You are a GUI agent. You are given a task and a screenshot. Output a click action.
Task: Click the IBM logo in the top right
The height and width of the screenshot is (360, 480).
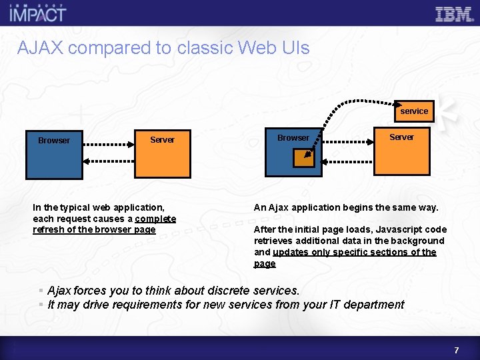click(x=453, y=14)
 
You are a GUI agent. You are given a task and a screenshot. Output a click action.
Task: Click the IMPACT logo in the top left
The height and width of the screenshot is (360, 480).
click(x=38, y=13)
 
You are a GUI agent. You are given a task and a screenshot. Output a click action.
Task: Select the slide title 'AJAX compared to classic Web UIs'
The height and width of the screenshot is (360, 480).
click(x=163, y=48)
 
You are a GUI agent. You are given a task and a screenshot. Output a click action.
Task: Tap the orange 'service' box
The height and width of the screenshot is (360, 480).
click(x=414, y=111)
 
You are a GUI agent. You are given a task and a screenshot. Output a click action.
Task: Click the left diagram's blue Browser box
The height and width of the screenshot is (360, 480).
click(x=54, y=155)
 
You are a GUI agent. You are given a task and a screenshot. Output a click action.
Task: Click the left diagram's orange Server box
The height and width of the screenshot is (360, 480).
click(x=162, y=154)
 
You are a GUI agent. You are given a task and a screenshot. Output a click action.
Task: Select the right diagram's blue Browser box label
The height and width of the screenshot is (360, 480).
click(x=293, y=138)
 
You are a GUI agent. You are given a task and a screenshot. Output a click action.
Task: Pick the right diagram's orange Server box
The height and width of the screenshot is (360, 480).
click(x=401, y=151)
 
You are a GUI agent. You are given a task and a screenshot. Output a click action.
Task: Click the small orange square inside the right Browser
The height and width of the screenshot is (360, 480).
click(x=304, y=157)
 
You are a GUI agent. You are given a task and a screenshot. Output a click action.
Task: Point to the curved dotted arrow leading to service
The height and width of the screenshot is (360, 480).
click(x=347, y=103)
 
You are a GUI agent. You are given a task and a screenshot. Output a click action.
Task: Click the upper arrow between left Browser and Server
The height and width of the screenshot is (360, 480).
click(x=109, y=143)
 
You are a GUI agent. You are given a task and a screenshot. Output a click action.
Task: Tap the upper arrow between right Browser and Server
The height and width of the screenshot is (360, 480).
click(x=347, y=142)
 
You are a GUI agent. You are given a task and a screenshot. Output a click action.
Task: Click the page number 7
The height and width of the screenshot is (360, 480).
click(x=457, y=350)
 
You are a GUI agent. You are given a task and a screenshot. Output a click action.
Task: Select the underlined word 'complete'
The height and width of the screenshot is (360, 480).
click(x=155, y=219)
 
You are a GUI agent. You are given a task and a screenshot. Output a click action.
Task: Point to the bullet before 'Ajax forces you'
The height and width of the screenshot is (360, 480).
click(x=41, y=291)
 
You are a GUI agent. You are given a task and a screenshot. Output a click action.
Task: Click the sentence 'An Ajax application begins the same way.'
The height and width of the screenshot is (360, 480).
click(x=346, y=207)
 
